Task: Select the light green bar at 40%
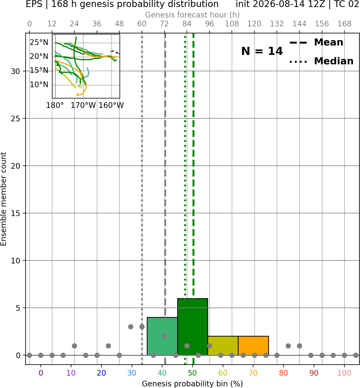click(x=162, y=336)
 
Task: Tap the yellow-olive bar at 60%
click(x=223, y=345)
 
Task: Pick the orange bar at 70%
click(x=253, y=345)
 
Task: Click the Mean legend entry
click(x=316, y=43)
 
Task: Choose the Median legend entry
click(x=321, y=61)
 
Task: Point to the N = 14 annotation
click(x=262, y=51)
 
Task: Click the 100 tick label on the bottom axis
click(x=344, y=373)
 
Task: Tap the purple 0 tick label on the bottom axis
click(x=41, y=373)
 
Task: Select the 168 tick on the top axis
click(x=344, y=24)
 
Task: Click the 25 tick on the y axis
click(x=15, y=119)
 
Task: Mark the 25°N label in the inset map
click(x=39, y=43)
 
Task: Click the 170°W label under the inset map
click(x=83, y=105)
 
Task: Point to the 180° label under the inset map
click(x=55, y=105)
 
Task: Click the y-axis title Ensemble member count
click(x=3, y=199)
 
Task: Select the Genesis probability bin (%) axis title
click(x=193, y=384)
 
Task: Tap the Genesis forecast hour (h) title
click(x=193, y=15)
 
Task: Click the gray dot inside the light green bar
click(x=165, y=336)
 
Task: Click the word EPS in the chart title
click(x=34, y=4)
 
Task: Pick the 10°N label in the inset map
click(x=39, y=84)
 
